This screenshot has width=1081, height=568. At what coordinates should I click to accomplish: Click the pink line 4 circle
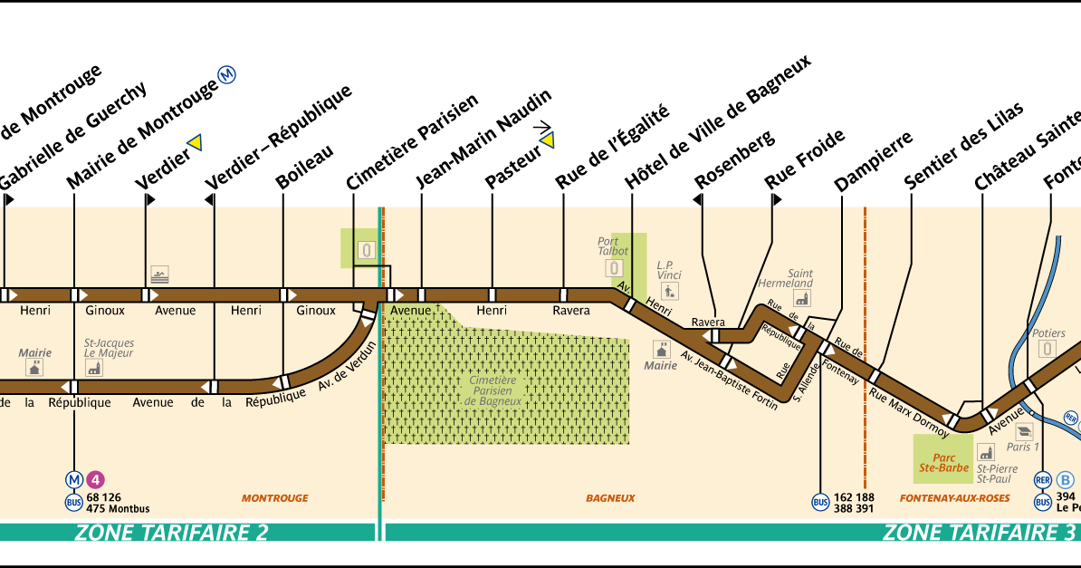[95, 479]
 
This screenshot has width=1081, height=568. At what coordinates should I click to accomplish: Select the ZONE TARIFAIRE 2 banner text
[172, 532]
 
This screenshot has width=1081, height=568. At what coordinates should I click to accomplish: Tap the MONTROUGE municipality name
[274, 497]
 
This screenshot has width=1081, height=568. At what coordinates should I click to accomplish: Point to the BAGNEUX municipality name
[609, 497]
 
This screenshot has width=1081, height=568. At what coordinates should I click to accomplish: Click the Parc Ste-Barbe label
[944, 463]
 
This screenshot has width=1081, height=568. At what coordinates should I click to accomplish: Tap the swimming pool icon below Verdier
[160, 274]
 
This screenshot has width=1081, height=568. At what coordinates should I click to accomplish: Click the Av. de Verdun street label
[345, 371]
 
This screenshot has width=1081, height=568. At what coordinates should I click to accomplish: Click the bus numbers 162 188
[854, 496]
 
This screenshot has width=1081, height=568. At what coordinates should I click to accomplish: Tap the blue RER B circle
[1066, 479]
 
